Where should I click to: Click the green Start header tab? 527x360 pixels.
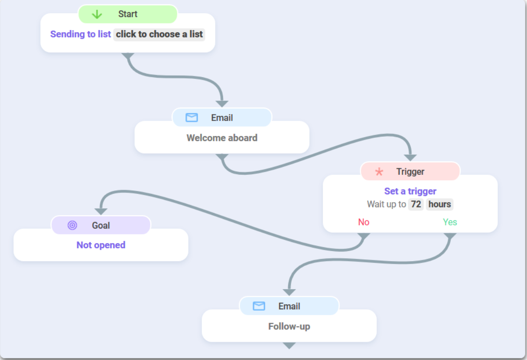click(x=128, y=14)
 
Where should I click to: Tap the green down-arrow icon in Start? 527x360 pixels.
click(x=97, y=14)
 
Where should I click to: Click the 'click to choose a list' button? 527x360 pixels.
click(x=159, y=34)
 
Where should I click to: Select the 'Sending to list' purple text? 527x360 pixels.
click(x=81, y=34)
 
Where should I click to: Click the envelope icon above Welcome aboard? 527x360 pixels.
click(x=192, y=118)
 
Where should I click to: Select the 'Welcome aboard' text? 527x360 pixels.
click(x=222, y=138)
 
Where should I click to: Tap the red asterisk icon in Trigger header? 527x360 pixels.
click(x=379, y=172)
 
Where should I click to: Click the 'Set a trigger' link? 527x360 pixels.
click(x=410, y=191)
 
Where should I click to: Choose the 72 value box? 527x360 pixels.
click(x=416, y=204)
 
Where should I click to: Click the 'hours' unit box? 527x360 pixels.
click(x=439, y=204)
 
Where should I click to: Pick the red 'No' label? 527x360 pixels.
click(x=364, y=222)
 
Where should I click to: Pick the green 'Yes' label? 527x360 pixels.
click(x=450, y=222)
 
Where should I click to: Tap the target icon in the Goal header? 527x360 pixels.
click(x=72, y=226)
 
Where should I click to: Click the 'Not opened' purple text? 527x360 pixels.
click(x=101, y=245)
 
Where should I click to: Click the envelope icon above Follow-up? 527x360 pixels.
click(x=259, y=306)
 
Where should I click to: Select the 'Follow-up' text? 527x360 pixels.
click(x=289, y=327)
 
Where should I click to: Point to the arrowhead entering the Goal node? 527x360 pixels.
click(x=101, y=211)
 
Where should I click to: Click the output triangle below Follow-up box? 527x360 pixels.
click(x=289, y=346)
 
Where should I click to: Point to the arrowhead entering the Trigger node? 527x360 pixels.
click(x=410, y=158)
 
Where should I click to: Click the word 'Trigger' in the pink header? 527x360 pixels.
click(x=410, y=172)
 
